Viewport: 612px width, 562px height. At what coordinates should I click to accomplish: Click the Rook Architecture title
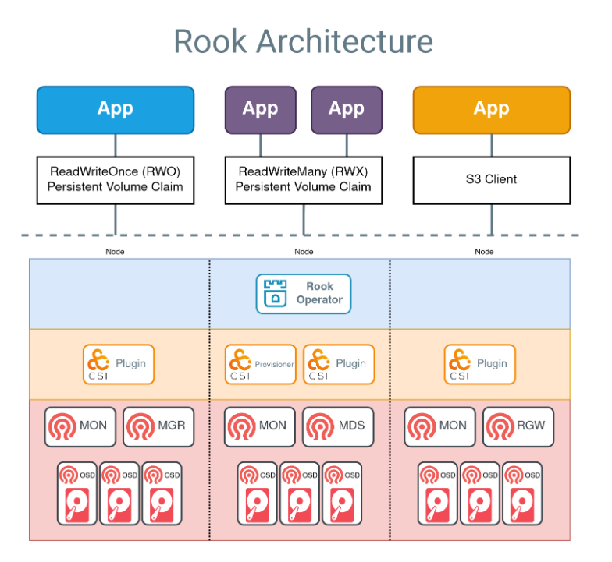303,41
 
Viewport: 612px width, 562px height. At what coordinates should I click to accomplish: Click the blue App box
116,109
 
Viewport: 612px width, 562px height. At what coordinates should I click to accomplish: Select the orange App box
491,109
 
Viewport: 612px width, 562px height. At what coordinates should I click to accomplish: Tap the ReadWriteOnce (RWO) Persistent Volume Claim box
116,179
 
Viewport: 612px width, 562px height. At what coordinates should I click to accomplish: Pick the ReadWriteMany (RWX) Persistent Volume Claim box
303,179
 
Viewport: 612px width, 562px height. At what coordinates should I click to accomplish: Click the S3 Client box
491,179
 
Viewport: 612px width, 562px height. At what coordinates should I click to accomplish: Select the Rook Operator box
304,293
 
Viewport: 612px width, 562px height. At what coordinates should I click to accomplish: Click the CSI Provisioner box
261,364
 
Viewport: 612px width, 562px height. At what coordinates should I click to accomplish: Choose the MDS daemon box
338,426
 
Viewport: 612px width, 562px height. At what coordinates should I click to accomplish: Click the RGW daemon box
518,426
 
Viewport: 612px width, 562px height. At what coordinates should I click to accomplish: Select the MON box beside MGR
80,426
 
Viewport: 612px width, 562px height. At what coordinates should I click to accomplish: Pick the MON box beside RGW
440,426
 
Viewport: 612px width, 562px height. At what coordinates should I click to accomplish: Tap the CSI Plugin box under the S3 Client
480,364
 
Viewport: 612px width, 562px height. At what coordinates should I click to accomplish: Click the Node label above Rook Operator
304,251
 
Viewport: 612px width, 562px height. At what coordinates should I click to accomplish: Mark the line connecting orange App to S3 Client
491,144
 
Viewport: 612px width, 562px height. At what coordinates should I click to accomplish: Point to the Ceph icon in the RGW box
500,426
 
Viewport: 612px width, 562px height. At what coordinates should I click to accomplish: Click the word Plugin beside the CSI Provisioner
350,363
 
